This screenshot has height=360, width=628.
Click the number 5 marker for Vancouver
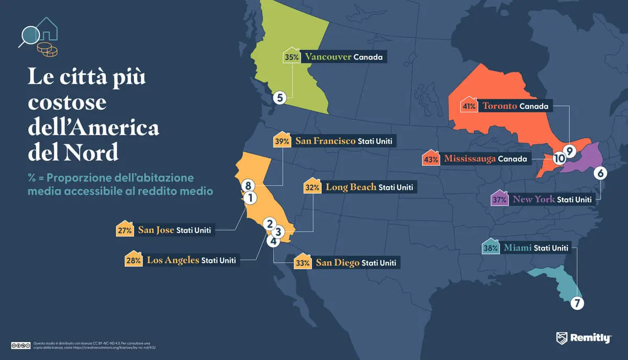tap(279, 97)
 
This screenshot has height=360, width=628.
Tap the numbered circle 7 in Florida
tap(577, 303)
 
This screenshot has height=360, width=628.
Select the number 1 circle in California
tap(250, 198)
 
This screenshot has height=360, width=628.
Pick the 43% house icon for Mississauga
tap(430, 159)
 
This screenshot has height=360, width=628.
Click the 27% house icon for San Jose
tap(124, 230)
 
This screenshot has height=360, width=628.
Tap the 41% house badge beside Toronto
tap(468, 106)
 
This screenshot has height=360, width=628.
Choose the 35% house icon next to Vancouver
tap(291, 57)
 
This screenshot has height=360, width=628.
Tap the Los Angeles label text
tap(173, 260)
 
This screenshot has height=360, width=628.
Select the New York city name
tap(533, 199)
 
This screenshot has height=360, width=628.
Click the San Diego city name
tap(337, 263)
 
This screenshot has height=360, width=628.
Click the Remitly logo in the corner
tap(583, 338)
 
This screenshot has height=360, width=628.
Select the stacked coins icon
tap(47, 50)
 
